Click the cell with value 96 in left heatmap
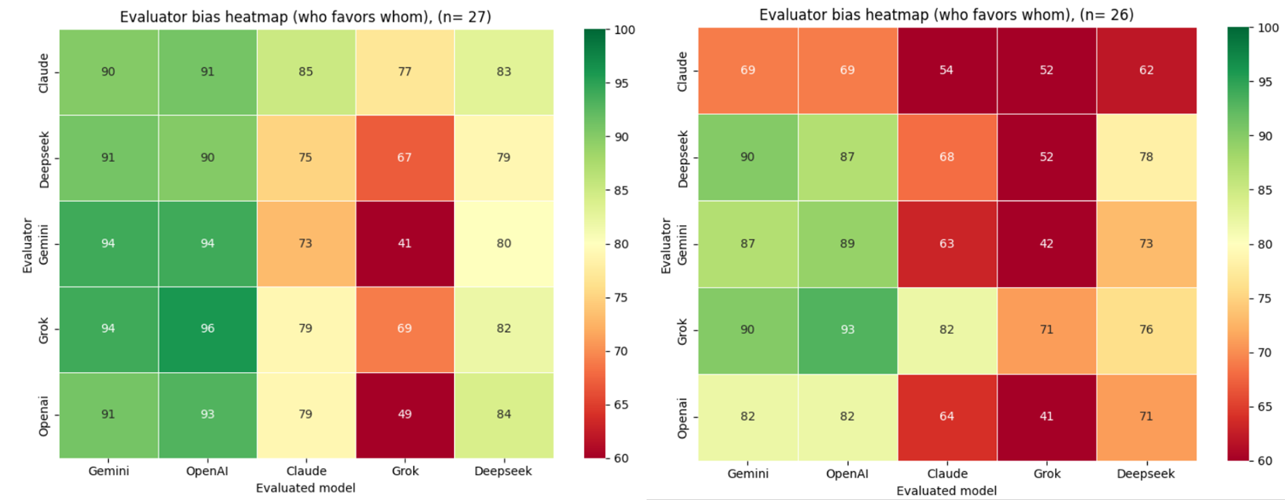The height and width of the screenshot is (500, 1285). [x=208, y=329]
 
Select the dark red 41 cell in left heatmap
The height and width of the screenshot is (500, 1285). [x=404, y=244]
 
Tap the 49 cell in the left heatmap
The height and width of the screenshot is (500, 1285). [x=404, y=414]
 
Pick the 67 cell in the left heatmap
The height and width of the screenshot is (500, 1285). [x=404, y=158]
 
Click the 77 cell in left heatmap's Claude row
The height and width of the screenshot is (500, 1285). [x=404, y=72]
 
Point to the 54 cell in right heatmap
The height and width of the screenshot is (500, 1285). [x=947, y=70]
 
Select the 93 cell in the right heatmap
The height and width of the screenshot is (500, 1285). [x=847, y=330]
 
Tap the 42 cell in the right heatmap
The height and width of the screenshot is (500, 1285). [x=1046, y=244]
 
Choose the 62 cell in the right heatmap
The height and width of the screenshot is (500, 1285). [x=1146, y=70]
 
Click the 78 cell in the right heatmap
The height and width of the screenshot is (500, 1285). [x=1146, y=157]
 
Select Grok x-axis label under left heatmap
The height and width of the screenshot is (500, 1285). [x=405, y=471]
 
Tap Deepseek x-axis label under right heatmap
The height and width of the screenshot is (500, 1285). [x=1145, y=473]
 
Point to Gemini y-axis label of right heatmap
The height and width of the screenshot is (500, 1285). [x=683, y=244]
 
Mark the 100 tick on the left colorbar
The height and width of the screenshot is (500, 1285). [x=624, y=30]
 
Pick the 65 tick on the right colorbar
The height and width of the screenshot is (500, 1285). [x=1265, y=407]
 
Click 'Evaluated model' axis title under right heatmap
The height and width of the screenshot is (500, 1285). [x=946, y=490]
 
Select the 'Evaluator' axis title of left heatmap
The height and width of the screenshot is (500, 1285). [x=27, y=245]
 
